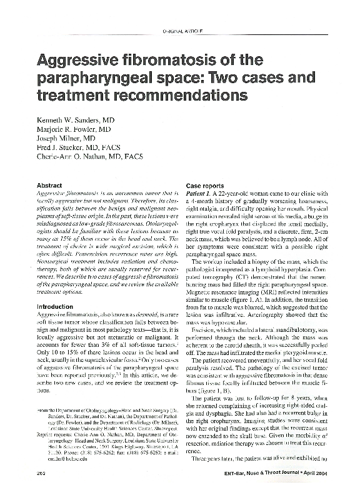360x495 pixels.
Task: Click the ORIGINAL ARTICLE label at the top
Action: point(181,29)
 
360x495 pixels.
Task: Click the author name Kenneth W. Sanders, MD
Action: point(77,118)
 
